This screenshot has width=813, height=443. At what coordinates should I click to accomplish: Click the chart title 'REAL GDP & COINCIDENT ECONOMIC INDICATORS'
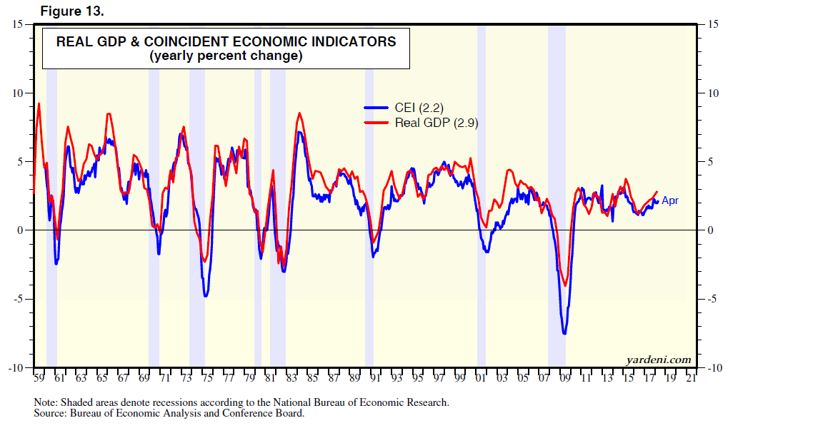click(226, 41)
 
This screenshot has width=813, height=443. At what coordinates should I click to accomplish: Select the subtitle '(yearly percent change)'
click(226, 56)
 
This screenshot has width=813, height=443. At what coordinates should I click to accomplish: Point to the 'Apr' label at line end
click(670, 200)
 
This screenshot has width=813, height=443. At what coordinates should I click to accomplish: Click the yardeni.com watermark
click(659, 360)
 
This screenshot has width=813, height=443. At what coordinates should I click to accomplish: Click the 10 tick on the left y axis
click(19, 93)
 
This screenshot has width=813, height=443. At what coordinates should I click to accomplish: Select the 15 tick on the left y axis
click(19, 24)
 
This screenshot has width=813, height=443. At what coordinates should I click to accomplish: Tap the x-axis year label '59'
click(39, 378)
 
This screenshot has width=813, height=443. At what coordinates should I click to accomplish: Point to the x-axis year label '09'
click(565, 378)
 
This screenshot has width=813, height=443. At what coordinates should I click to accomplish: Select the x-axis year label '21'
click(691, 378)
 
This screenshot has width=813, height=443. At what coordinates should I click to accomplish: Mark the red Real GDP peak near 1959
click(39, 104)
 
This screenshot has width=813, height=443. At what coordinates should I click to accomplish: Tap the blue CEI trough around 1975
click(206, 295)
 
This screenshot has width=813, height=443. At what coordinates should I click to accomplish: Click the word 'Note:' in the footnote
click(46, 402)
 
